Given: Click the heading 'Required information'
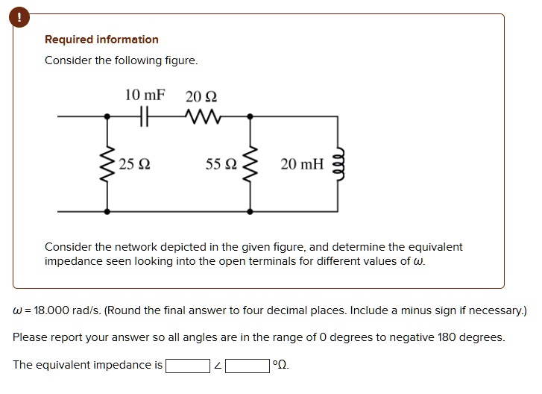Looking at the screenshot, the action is click(x=101, y=40).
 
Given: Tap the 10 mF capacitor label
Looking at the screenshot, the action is click(x=145, y=96).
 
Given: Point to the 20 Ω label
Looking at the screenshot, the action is click(x=201, y=96).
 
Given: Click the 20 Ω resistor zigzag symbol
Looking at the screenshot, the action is click(x=201, y=117).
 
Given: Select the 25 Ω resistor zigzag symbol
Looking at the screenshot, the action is click(x=107, y=164).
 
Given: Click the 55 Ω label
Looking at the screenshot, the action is click(x=221, y=164).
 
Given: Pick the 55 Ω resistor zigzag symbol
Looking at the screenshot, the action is click(x=250, y=164).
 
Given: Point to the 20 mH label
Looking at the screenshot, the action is click(x=302, y=164).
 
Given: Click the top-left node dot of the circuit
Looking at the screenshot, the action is click(x=107, y=117).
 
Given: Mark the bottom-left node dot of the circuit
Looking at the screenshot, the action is click(x=107, y=212).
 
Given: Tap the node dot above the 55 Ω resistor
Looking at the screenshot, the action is click(x=250, y=117).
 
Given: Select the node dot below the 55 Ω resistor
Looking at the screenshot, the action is click(x=250, y=212).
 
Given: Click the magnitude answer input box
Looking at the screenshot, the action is click(x=187, y=366).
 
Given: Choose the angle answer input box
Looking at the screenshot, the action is click(x=248, y=366).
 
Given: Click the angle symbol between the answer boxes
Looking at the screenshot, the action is click(x=217, y=366).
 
